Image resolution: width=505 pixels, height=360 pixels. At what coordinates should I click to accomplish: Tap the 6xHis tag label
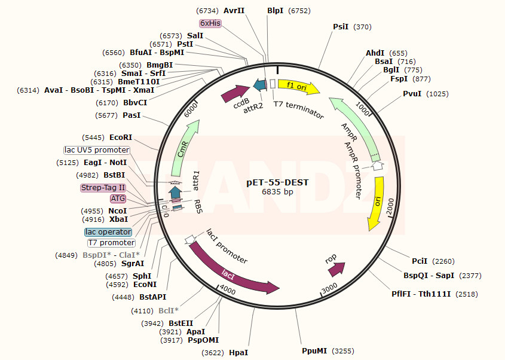[x=210, y=23]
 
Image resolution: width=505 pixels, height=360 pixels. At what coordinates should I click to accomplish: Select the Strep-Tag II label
[x=103, y=188]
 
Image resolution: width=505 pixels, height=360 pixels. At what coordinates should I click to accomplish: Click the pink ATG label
[x=118, y=199]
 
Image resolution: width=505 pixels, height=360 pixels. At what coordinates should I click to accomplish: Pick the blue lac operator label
[x=108, y=232]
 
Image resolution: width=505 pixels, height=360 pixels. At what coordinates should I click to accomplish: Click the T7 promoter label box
[x=111, y=243]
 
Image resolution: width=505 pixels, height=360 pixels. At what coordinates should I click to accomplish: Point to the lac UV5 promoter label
[x=97, y=150]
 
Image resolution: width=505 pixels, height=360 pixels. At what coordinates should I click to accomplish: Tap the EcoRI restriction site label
[x=121, y=138]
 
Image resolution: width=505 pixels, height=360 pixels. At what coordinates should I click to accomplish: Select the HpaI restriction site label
[x=238, y=353]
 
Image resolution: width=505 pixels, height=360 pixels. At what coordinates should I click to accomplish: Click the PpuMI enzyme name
[x=314, y=350]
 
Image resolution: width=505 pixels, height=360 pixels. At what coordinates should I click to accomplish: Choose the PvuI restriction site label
[x=412, y=94]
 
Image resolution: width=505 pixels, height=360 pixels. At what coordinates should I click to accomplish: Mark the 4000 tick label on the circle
[x=228, y=288]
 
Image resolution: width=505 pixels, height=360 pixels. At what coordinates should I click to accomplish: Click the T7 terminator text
[x=298, y=108]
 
